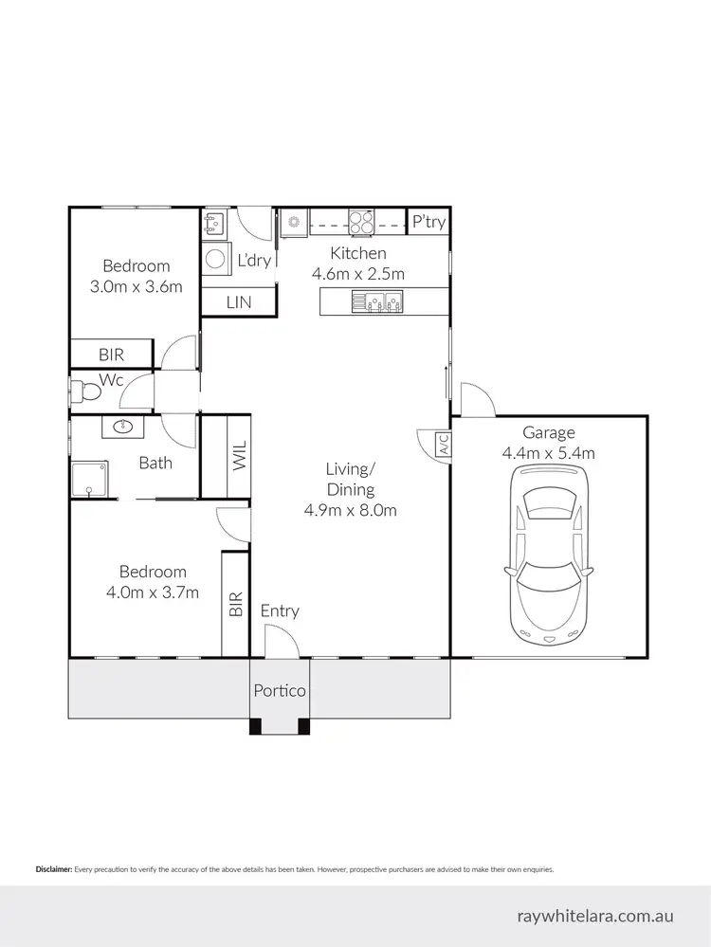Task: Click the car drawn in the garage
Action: (x=549, y=557)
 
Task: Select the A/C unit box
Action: (x=442, y=446)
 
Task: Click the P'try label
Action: (x=428, y=222)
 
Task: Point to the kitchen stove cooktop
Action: (x=360, y=222)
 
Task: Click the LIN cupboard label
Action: (x=237, y=301)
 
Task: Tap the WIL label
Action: (x=237, y=455)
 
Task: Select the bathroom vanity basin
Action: (x=123, y=428)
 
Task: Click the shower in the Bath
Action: (x=90, y=479)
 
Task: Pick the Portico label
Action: (x=280, y=690)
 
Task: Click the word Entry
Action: (x=280, y=610)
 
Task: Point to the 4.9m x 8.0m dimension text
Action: (x=350, y=510)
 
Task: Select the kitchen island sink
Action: (x=376, y=302)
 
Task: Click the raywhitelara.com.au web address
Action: (x=595, y=917)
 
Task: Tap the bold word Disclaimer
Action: (x=53, y=868)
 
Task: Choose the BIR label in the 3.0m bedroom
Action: (x=111, y=355)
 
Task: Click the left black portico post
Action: (x=255, y=727)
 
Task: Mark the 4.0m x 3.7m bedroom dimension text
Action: (x=153, y=592)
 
